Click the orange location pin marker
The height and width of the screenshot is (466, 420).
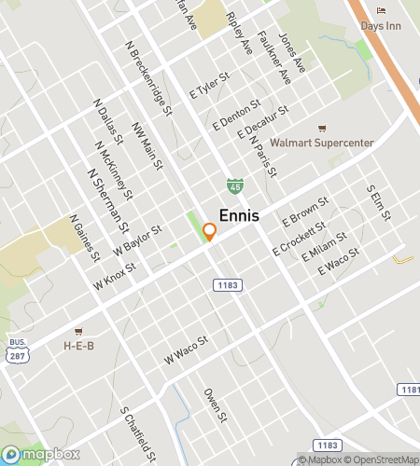pyautogui.click(x=210, y=232)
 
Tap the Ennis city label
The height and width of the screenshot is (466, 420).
pyautogui.click(x=239, y=215)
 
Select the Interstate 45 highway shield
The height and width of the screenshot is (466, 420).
pyautogui.click(x=235, y=186)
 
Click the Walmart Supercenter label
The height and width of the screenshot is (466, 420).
pyautogui.click(x=321, y=143)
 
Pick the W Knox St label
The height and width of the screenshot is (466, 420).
pyautogui.click(x=115, y=276)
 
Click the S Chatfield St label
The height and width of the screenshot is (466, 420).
pyautogui.click(x=136, y=434)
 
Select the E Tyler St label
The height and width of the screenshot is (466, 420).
pyautogui.click(x=209, y=86)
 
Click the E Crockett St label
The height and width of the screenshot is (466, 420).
pyautogui.click(x=299, y=238)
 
